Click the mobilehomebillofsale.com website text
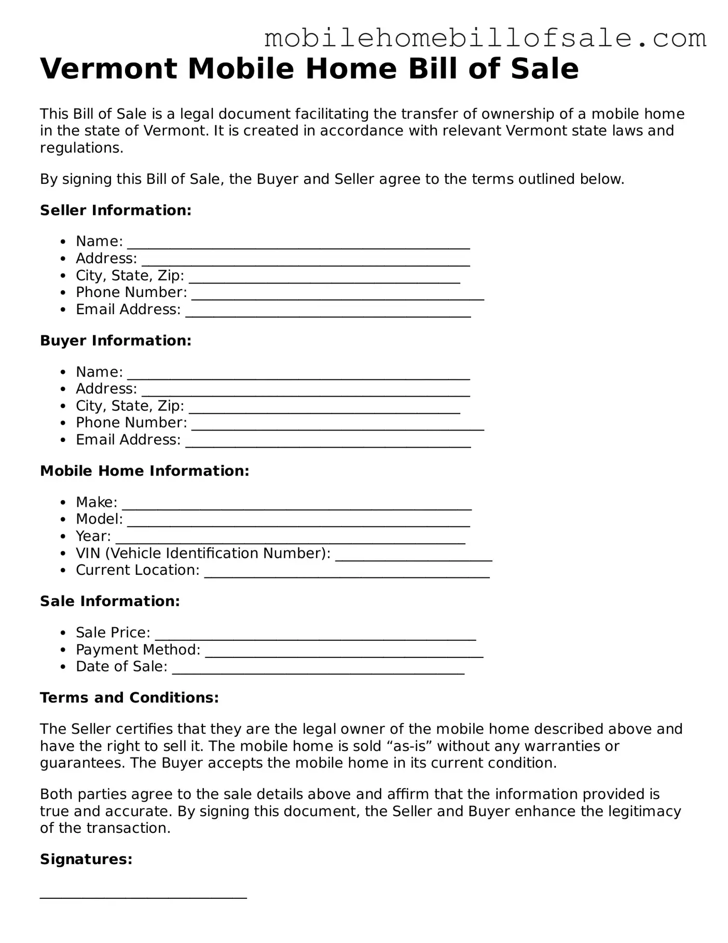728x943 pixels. click(x=485, y=39)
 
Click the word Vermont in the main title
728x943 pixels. click(x=108, y=69)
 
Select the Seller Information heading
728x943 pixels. click(x=116, y=210)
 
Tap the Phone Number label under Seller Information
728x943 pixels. click(x=131, y=292)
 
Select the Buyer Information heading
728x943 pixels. click(x=116, y=341)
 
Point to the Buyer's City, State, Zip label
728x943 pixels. click(x=130, y=406)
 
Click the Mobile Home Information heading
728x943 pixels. click(x=145, y=471)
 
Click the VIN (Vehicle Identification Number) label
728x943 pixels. click(x=203, y=553)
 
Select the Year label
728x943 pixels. click(x=93, y=536)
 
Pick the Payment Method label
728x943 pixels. click(x=138, y=650)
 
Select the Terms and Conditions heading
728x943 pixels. click(x=129, y=697)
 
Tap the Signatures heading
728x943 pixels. click(x=86, y=859)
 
